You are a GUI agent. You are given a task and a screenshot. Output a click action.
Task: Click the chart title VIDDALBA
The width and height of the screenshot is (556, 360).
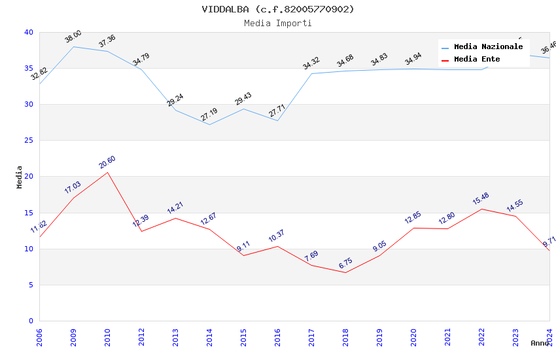click(278, 9)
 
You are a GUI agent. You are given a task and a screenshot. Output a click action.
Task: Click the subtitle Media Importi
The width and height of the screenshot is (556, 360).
click(278, 24)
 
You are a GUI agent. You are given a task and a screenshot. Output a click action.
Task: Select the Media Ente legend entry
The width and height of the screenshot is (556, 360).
click(477, 60)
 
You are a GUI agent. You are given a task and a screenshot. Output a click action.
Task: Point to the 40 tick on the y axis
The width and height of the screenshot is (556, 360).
click(28, 32)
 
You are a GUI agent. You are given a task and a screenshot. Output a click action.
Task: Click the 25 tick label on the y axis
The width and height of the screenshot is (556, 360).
click(28, 141)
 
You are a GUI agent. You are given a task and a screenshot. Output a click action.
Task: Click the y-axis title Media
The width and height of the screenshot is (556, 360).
click(20, 177)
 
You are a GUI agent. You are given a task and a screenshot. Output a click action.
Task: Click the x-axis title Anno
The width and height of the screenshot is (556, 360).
click(540, 343)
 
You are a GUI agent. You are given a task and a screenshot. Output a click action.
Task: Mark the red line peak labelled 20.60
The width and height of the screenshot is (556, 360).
click(107, 172)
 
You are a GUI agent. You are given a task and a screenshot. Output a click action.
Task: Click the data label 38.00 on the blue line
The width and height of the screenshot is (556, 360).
click(73, 37)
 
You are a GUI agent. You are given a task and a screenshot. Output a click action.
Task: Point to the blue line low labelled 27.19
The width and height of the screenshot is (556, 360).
click(209, 124)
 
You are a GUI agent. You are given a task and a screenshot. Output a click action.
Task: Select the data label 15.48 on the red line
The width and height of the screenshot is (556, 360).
click(481, 199)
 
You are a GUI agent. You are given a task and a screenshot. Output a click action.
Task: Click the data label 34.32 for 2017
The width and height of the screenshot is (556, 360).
click(311, 63)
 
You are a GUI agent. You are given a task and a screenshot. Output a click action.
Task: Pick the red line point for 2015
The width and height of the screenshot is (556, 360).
click(243, 255)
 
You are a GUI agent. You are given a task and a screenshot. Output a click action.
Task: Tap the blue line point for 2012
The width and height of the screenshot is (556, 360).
click(141, 69)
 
